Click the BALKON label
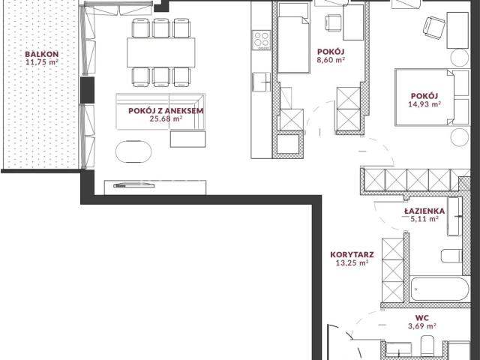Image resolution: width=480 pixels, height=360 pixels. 42,55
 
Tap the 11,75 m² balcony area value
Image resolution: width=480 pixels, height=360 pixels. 42,62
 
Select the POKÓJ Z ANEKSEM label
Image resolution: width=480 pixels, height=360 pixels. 166,111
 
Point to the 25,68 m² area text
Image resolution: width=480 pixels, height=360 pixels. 166,118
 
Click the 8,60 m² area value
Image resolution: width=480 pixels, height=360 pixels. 331,60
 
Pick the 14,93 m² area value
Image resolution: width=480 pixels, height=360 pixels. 424,104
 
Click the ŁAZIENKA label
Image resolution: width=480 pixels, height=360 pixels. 424,211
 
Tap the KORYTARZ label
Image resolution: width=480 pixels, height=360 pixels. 352,255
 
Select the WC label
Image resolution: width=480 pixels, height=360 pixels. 421,318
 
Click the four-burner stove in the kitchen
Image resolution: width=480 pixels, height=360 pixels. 261,40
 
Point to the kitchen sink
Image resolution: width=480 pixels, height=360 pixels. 261,82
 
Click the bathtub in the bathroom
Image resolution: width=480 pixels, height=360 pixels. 439,289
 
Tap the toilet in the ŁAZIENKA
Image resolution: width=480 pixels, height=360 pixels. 451,256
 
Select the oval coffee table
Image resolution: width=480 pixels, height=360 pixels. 133,151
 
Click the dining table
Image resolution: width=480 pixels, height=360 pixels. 161,52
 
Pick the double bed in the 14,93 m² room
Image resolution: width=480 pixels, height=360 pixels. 432,97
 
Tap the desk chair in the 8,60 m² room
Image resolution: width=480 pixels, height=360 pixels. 333,23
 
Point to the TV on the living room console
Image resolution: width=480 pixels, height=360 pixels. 134,185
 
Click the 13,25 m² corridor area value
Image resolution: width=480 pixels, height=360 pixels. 352,262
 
